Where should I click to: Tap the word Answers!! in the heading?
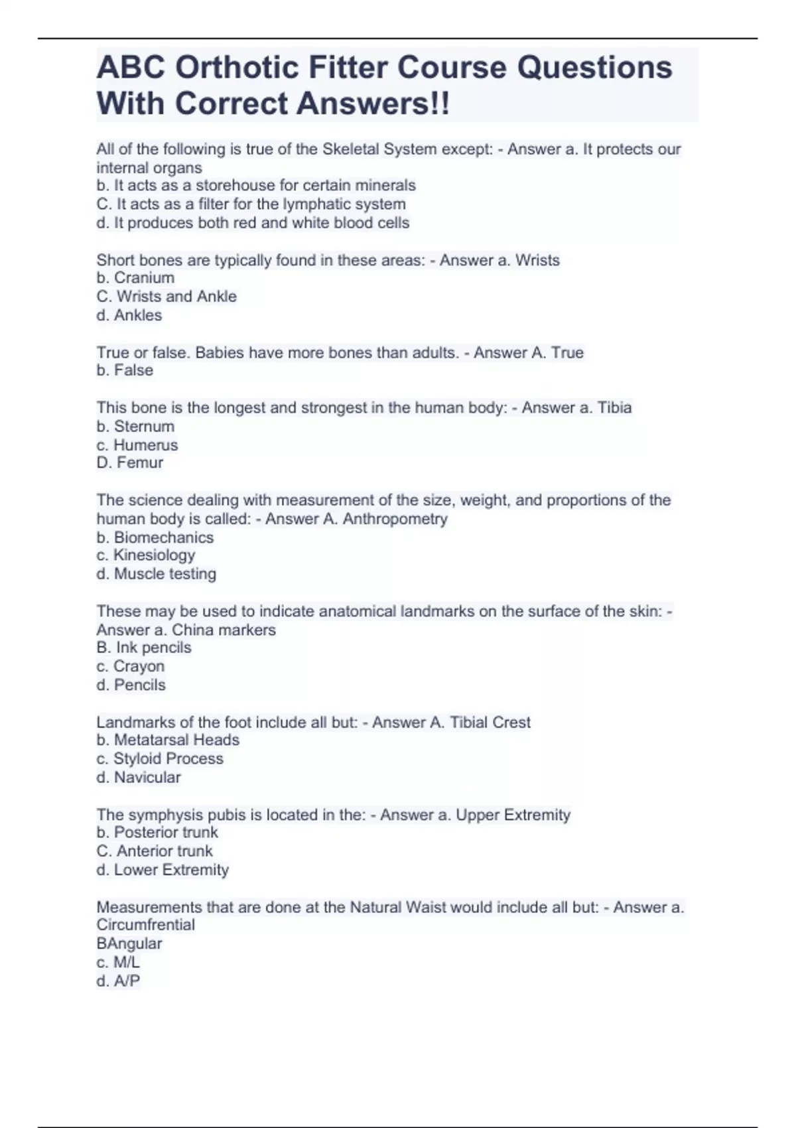pos(372,104)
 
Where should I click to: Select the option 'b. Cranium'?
pos(135,278)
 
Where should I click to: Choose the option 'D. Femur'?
pos(129,462)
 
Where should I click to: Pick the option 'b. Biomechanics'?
pos(155,537)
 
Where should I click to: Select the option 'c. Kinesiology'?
pos(145,555)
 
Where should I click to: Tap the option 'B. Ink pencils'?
pos(143,648)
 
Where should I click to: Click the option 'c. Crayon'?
pos(130,666)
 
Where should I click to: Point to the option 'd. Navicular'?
pos(138,777)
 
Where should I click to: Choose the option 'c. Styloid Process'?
pos(159,758)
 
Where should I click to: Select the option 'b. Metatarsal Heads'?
pos(167,740)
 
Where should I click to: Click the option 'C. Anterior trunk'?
pos(154,851)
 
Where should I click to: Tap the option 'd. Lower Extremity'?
pos(162,869)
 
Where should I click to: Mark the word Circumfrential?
pos(145,925)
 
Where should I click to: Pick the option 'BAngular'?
pos(129,944)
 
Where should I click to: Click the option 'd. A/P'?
pos(117,981)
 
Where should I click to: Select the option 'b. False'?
pos(124,370)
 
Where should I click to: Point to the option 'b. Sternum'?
pos(135,426)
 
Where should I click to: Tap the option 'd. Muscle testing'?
pos(156,574)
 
